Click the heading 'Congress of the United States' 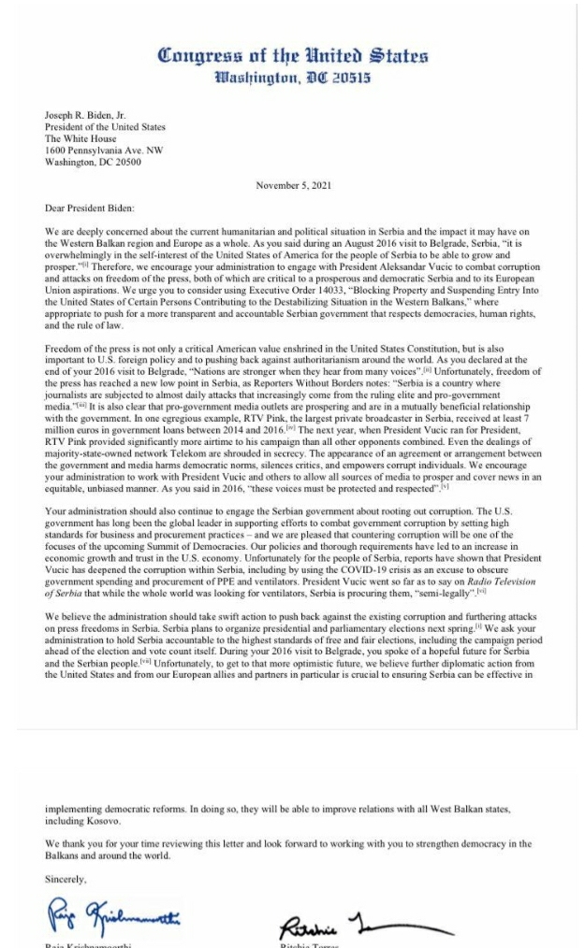coord(293,54)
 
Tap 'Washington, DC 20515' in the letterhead coord(293,78)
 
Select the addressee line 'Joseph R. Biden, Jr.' coord(85,116)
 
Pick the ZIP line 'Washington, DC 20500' coord(93,161)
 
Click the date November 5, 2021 coord(293,184)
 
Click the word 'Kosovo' coord(98,821)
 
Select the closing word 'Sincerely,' coord(66,879)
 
